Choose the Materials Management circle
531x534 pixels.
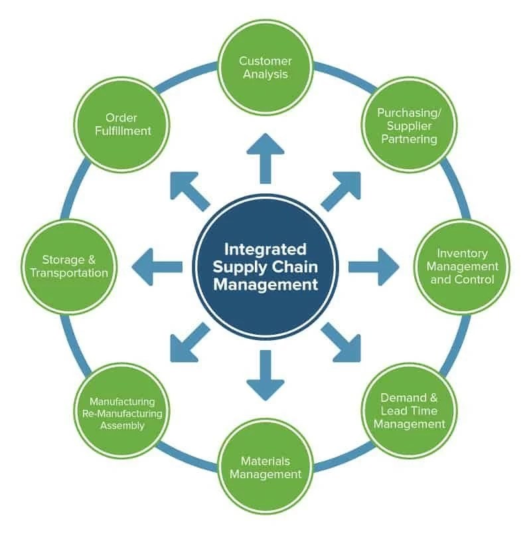coord(265,467)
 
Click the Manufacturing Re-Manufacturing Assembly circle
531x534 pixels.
coord(122,412)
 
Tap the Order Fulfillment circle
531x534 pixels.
coord(122,124)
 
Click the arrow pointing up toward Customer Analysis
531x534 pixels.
coord(265,157)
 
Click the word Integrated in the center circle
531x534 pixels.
coord(265,250)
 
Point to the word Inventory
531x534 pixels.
coord(462,253)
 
